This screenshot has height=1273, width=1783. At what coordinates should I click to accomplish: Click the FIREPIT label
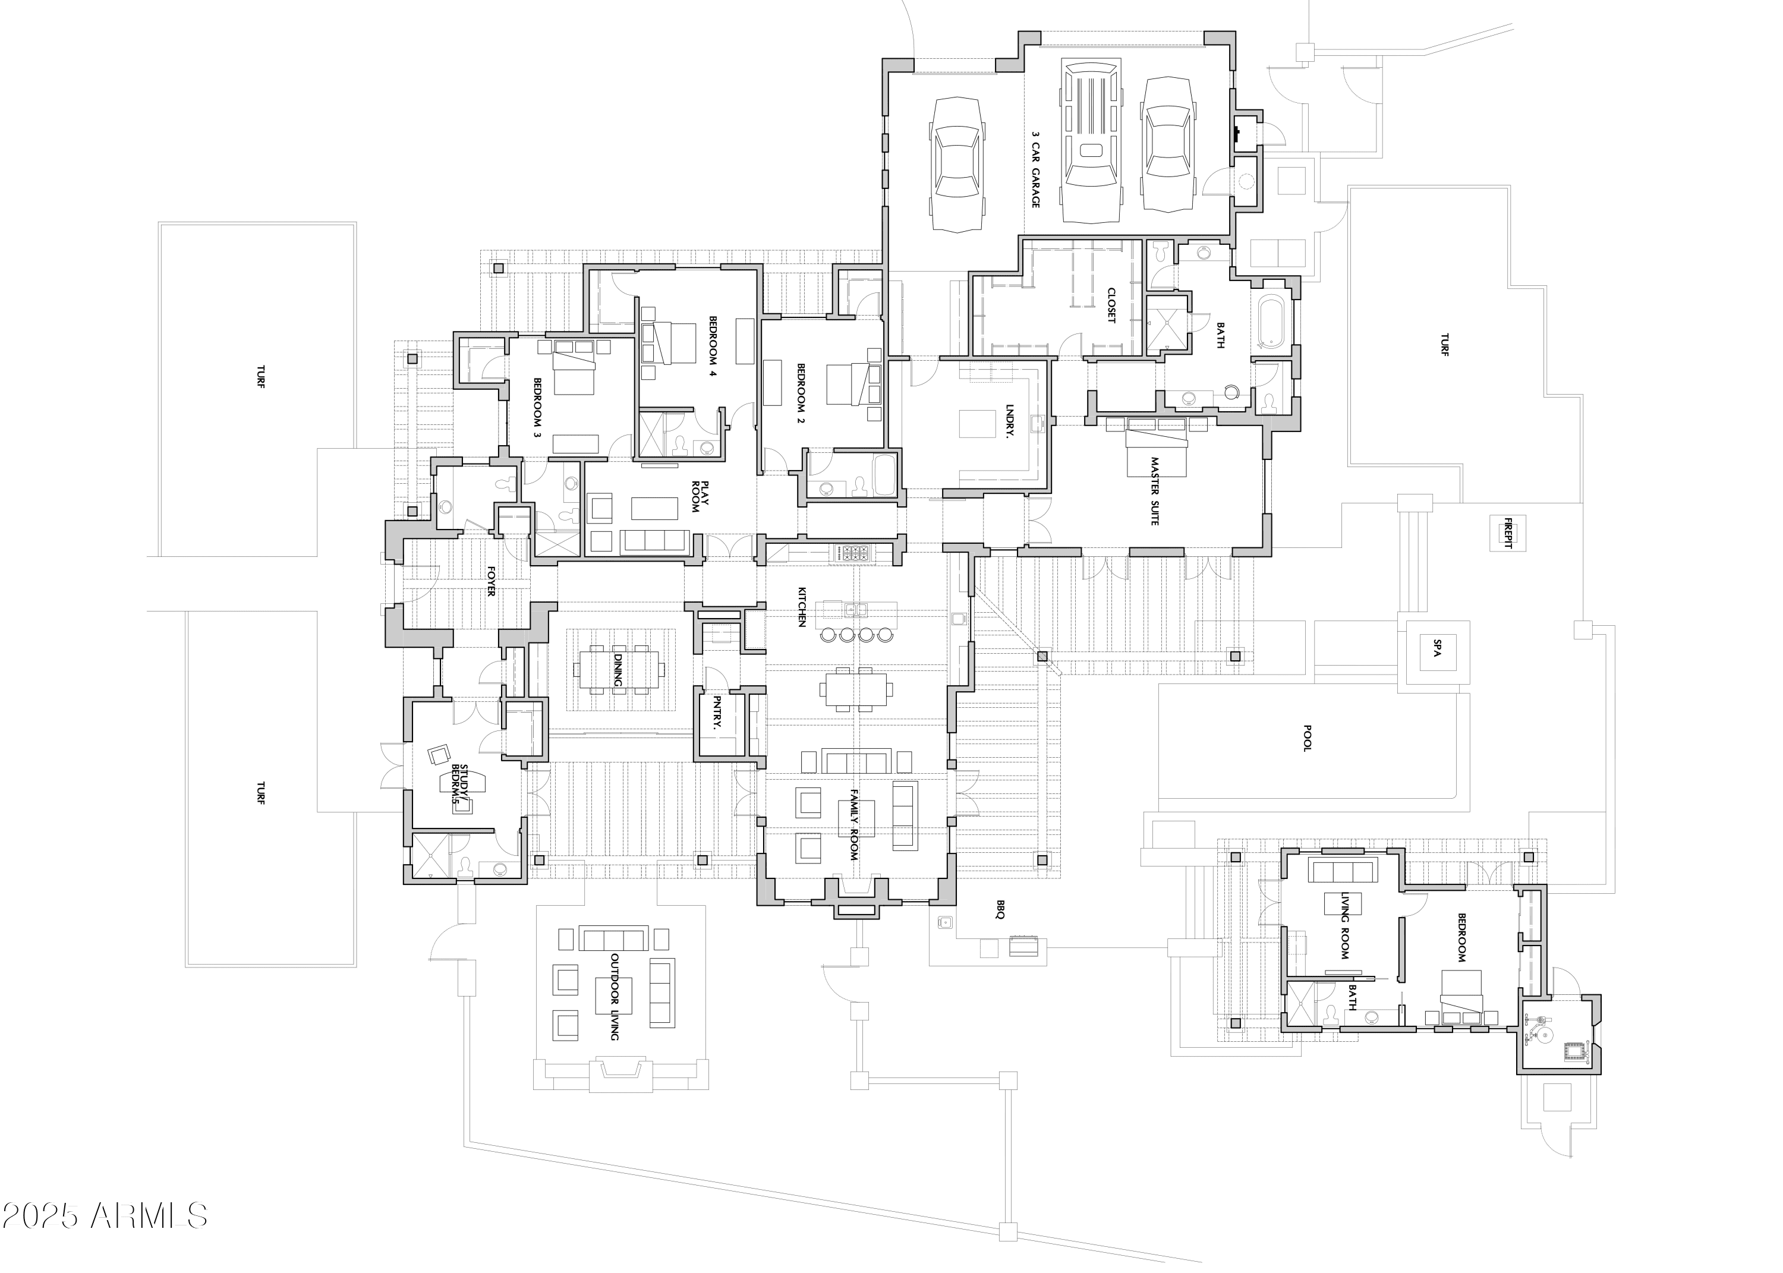1507,532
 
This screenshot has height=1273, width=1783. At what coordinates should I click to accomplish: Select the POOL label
1306,738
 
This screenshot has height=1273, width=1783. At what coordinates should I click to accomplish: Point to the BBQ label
1000,909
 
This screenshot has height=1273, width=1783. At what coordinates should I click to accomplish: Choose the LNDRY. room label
1010,423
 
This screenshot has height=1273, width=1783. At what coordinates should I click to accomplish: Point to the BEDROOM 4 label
713,346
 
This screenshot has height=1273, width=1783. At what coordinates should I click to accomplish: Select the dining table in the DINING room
619,670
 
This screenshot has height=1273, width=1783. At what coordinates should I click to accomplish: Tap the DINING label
618,670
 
